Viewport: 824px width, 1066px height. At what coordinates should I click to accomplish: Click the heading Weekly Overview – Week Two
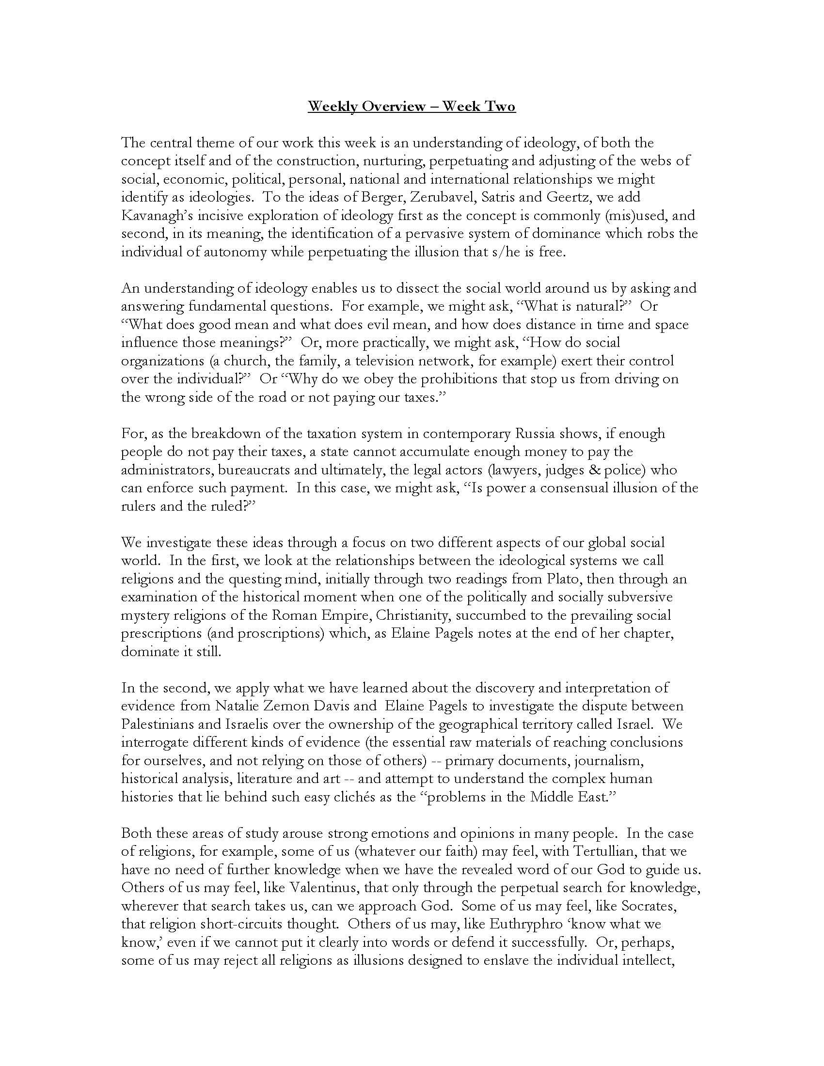pyautogui.click(x=412, y=107)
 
